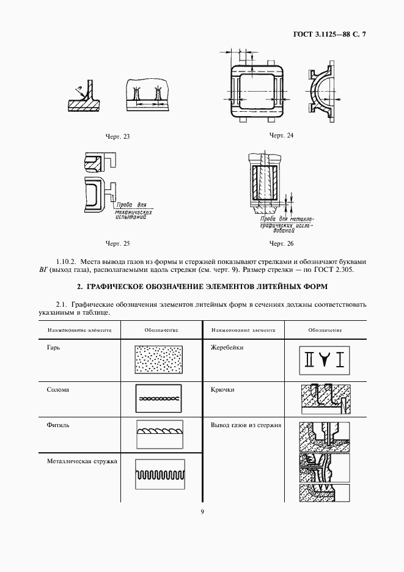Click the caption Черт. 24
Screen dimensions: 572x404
[281, 135]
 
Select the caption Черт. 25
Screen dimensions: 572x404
[118, 244]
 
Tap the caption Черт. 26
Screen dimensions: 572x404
[281, 244]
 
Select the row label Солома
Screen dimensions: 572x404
[57, 389]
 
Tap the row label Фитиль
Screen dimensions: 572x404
[57, 424]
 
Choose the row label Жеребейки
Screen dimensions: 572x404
[227, 347]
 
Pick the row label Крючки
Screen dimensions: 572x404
[222, 389]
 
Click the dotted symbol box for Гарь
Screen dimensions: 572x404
[159, 360]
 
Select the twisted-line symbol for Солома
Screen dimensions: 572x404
[159, 398]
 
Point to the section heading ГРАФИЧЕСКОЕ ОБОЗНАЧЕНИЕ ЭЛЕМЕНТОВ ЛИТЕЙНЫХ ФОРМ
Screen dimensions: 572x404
[202, 286]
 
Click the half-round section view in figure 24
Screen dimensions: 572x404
[322, 92]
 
